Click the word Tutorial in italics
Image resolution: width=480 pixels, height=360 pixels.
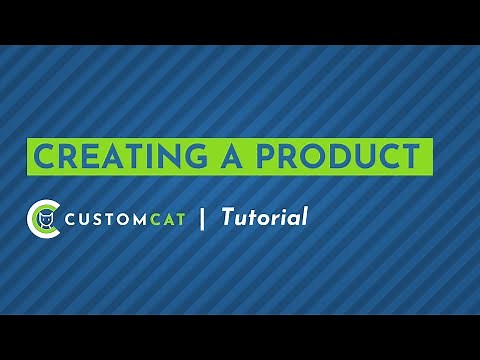(264, 216)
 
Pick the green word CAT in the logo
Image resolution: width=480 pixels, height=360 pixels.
(167, 218)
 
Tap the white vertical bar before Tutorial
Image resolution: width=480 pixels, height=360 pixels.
(204, 217)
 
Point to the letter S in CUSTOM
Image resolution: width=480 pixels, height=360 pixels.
(96, 218)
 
